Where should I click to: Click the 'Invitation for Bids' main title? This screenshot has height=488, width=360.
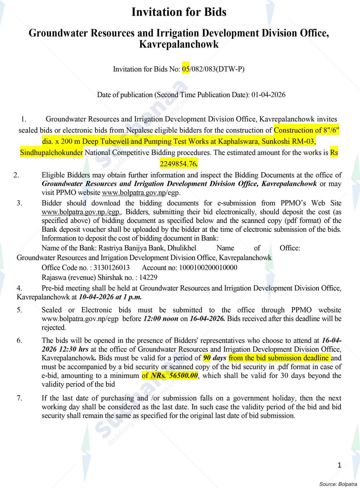click(179, 12)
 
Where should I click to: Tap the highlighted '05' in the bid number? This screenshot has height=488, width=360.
click(186, 69)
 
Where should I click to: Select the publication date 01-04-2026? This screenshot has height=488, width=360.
click(268, 95)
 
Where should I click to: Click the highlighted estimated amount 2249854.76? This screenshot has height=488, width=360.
click(179, 164)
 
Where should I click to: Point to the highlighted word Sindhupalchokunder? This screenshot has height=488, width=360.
click(51, 152)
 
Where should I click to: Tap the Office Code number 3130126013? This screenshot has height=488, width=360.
click(112, 268)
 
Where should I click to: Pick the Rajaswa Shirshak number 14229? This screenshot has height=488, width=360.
click(149, 278)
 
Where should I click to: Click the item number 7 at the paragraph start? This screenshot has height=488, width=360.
click(20, 398)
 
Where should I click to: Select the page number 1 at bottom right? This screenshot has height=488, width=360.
click(339, 465)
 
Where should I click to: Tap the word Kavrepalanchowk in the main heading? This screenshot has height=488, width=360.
click(179, 45)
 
